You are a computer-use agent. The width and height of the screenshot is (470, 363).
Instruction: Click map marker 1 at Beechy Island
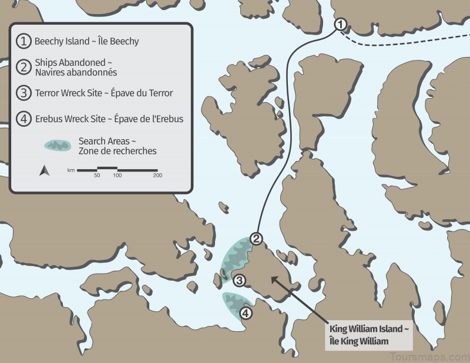341,25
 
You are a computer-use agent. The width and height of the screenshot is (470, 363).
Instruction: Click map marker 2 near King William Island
256,238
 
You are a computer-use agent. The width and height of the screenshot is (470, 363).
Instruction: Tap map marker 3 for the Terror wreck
239,280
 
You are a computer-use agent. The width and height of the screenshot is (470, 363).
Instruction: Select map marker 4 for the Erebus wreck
246,313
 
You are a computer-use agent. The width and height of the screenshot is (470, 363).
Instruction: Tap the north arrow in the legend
43,171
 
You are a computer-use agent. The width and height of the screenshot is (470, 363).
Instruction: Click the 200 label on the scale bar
157,176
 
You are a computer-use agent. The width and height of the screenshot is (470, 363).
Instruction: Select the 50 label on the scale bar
97,176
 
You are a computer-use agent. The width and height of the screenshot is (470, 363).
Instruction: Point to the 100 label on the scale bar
117,176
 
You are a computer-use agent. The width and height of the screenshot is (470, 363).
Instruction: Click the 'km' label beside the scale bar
70,170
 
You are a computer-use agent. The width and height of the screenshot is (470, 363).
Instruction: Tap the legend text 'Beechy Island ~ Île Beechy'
86,42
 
